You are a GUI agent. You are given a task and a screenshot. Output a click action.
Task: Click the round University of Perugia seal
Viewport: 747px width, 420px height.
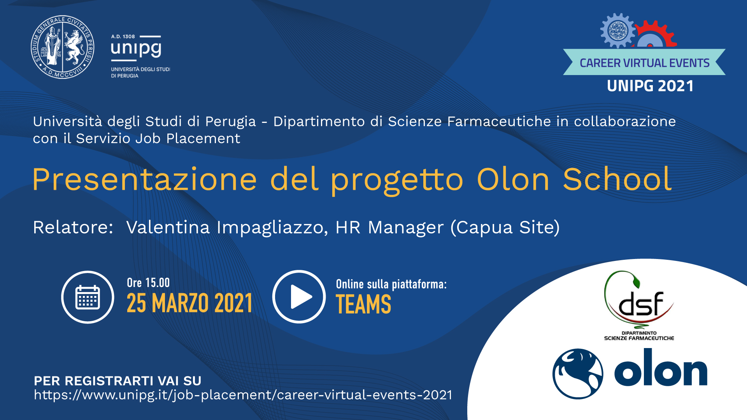[x=62, y=47]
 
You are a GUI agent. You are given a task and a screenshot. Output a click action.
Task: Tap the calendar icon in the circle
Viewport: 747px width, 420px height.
[x=88, y=297]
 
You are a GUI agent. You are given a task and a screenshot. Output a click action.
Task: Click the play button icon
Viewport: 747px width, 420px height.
[x=299, y=297]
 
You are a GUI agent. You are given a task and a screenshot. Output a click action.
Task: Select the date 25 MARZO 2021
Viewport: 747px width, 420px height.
[x=189, y=303]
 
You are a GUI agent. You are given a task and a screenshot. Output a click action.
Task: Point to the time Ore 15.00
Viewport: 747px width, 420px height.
[x=148, y=283]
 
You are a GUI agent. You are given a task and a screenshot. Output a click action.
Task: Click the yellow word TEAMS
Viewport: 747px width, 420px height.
[x=363, y=304]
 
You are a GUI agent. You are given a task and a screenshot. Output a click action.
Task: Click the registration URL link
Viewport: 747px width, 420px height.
[x=243, y=395]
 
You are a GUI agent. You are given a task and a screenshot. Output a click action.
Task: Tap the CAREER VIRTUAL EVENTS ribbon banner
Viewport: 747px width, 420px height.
[x=644, y=63]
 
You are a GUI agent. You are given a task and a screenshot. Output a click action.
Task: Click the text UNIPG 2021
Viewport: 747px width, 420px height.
[x=650, y=86]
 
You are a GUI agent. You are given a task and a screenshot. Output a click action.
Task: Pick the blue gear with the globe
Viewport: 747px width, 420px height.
[x=617, y=30]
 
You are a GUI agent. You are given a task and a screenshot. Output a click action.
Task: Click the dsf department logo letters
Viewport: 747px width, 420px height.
[x=640, y=304]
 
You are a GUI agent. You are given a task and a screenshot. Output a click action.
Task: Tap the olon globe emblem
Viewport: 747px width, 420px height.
[x=578, y=374]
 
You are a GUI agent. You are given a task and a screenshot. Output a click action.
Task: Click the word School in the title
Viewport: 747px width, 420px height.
[x=617, y=180]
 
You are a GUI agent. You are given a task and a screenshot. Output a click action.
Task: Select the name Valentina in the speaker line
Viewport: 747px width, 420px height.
[x=168, y=227]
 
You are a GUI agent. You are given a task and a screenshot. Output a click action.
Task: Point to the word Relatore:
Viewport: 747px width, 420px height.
[x=73, y=227]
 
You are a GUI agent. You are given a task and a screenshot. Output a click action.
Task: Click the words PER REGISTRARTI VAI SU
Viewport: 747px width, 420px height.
[x=117, y=381]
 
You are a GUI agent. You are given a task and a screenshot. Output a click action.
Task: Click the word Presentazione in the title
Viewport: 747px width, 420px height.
[x=145, y=180]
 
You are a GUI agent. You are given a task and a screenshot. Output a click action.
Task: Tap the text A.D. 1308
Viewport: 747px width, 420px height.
[x=123, y=37]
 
